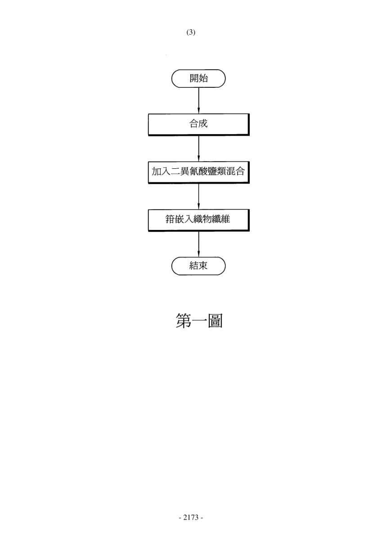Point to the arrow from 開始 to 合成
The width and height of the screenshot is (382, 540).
point(198,100)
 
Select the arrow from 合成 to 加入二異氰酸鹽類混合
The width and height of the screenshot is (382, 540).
point(198,148)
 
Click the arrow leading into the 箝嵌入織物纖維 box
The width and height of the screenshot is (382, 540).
point(198,196)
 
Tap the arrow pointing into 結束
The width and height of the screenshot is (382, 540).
point(198,244)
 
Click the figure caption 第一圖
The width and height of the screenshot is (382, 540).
point(199,321)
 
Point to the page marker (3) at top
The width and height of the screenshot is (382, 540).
point(191,32)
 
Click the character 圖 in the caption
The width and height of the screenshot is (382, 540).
point(215,321)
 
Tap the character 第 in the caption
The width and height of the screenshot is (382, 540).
point(184,321)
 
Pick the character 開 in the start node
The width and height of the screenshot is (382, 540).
point(194,78)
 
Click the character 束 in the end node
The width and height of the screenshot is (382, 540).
point(203,265)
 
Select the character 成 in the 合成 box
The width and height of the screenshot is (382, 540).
point(203,123)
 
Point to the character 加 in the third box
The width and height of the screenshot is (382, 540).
point(156,171)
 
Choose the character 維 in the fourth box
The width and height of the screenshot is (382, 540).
point(225,219)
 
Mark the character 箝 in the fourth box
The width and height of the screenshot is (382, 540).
point(170,219)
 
